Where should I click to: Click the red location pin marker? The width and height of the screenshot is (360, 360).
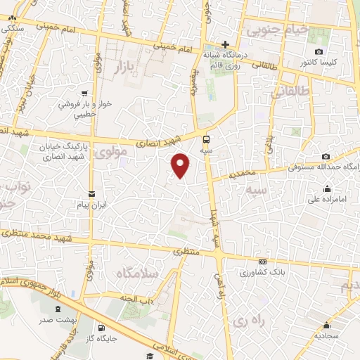[181, 165]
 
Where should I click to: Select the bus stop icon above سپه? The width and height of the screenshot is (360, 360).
[206, 139]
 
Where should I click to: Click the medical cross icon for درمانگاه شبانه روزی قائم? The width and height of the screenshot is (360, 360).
[225, 44]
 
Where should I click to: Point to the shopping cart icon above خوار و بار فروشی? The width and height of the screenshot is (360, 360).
[84, 93]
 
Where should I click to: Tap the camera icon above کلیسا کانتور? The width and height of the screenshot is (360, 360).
[319, 52]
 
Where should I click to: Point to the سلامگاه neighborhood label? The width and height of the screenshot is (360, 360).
[138, 272]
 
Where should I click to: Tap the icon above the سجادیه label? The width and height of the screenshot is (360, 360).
[327, 325]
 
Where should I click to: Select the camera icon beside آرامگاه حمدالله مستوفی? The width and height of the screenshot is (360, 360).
[326, 156]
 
